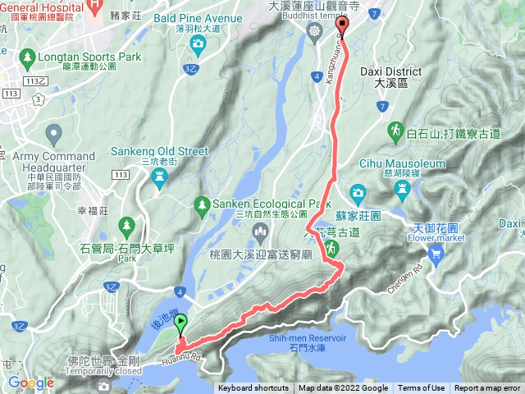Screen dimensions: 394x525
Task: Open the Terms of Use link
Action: click(422, 388)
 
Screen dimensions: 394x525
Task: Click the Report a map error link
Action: click(488, 388)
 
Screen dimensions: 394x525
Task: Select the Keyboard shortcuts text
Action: click(253, 388)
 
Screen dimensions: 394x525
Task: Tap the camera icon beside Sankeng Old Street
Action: click(159, 184)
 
